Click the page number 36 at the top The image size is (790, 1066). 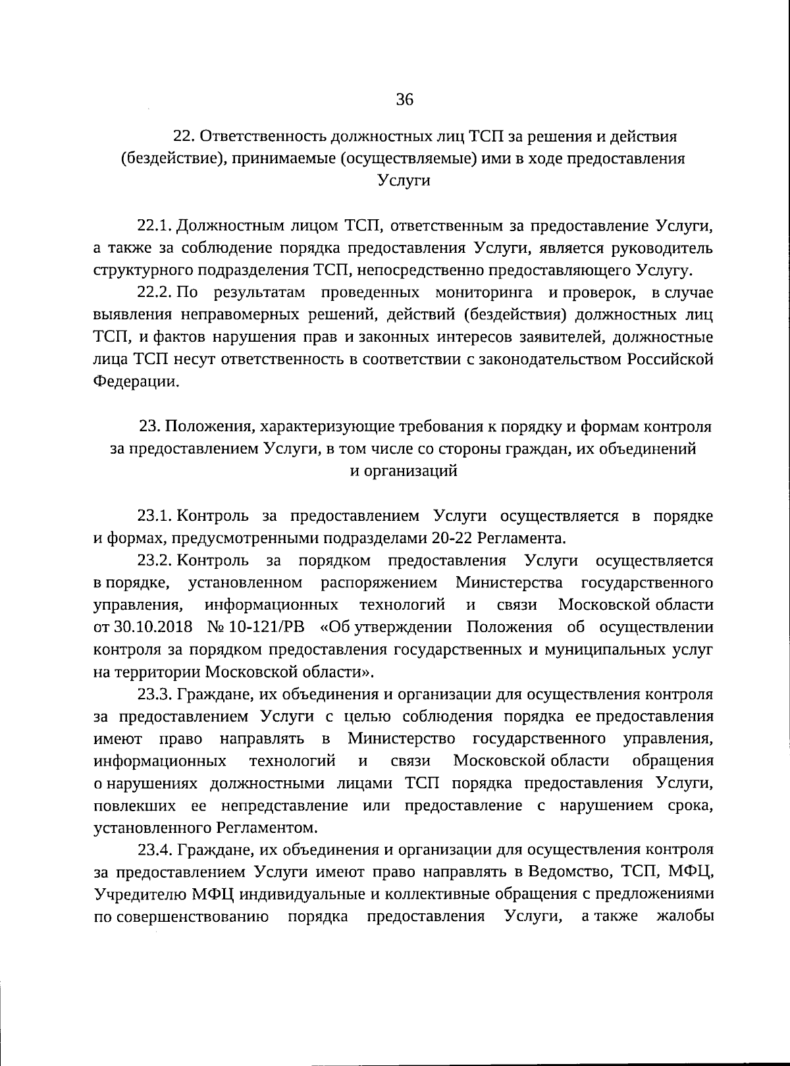point(404,100)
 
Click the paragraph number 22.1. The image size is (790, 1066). point(154,226)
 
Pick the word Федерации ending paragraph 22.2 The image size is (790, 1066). point(136,381)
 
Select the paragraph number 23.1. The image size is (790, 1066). point(154,516)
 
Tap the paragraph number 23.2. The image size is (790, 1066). point(154,560)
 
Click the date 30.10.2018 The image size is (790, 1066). point(151,627)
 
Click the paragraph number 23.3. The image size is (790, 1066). point(154,694)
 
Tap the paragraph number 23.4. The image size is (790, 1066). point(154,850)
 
